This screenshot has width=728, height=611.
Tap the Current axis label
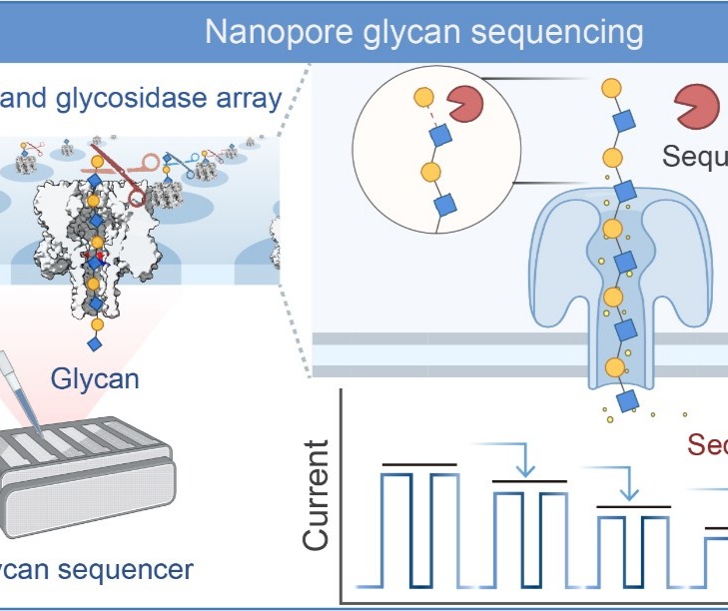(x=317, y=495)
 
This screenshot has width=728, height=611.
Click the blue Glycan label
(x=95, y=378)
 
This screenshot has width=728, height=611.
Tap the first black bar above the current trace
(x=419, y=464)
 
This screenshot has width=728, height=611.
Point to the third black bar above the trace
(x=632, y=507)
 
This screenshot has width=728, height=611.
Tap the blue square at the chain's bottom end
(x=628, y=401)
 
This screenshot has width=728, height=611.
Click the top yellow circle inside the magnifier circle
(x=423, y=99)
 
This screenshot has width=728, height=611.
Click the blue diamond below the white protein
(x=96, y=344)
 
